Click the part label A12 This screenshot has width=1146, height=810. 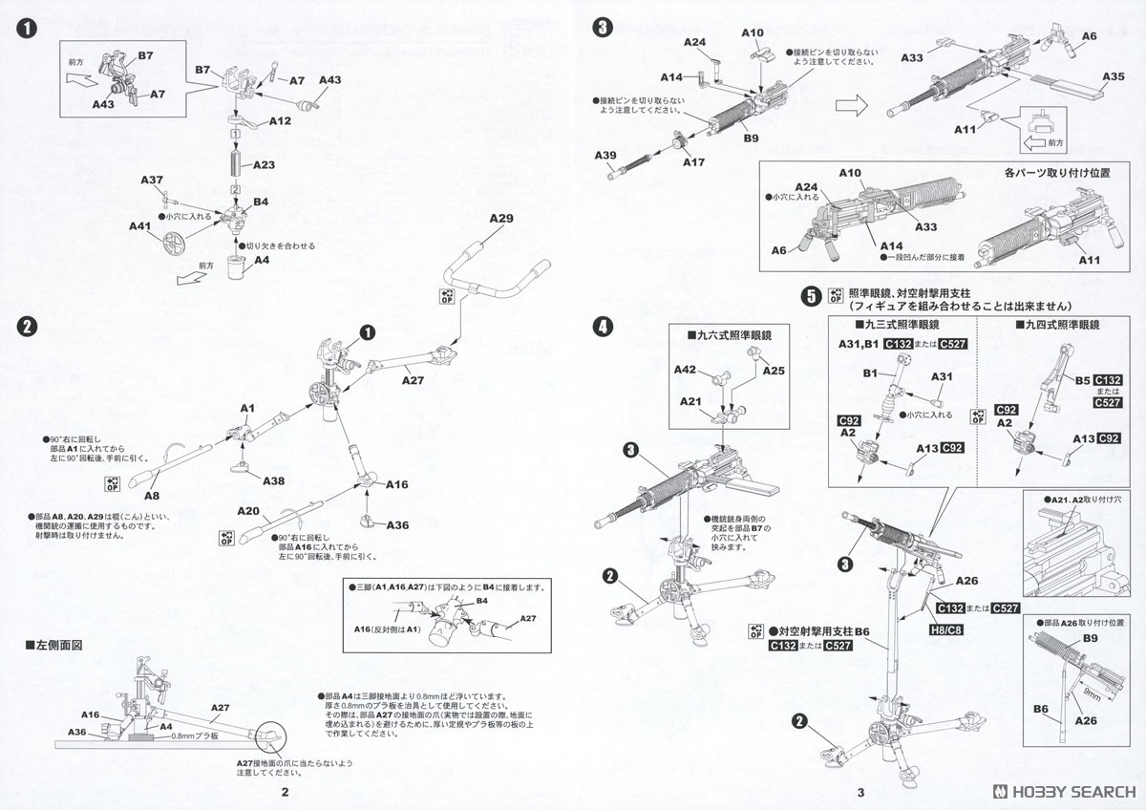pos(280,121)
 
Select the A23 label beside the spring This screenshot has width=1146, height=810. pos(264,165)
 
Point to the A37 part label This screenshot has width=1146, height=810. pos(152,181)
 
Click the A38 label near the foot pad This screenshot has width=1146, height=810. pos(274,481)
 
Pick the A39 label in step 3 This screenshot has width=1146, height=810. pos(605,155)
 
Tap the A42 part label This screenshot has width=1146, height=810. pos(685,369)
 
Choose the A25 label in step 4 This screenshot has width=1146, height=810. pos(774,370)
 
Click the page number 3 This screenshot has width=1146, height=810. pos(860,792)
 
